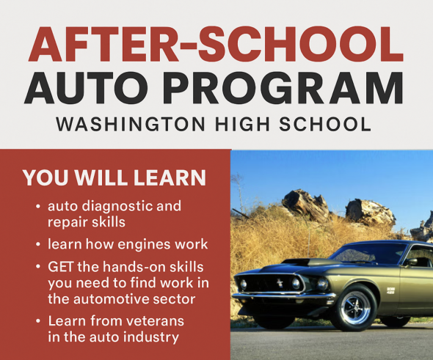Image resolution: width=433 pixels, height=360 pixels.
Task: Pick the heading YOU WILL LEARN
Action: click(x=114, y=178)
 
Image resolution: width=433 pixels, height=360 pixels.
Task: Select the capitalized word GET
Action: click(x=62, y=267)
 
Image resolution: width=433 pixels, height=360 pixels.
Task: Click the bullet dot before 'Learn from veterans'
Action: click(x=37, y=321)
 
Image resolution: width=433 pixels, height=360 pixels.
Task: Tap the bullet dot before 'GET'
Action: click(x=37, y=268)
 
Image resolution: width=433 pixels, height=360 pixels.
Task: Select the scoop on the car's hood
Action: click(x=303, y=261)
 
